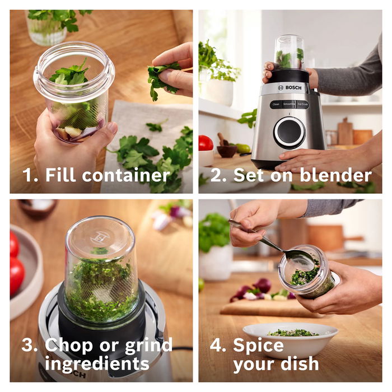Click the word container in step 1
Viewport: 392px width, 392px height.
tap(126, 175)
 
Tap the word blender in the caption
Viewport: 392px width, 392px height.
tap(336, 175)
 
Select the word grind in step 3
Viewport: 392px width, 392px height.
tap(148, 346)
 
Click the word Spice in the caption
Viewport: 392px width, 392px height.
tap(258, 346)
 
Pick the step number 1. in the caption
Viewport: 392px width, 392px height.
tap(30, 175)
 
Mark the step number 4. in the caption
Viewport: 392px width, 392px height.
tap(218, 346)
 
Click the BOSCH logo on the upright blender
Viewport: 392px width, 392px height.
tap(290, 88)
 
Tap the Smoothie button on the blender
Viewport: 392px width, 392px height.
tap(289, 104)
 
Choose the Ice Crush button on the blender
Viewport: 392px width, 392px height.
tap(302, 104)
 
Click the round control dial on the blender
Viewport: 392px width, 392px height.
tap(290, 133)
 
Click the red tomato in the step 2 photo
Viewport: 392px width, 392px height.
tap(206, 143)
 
